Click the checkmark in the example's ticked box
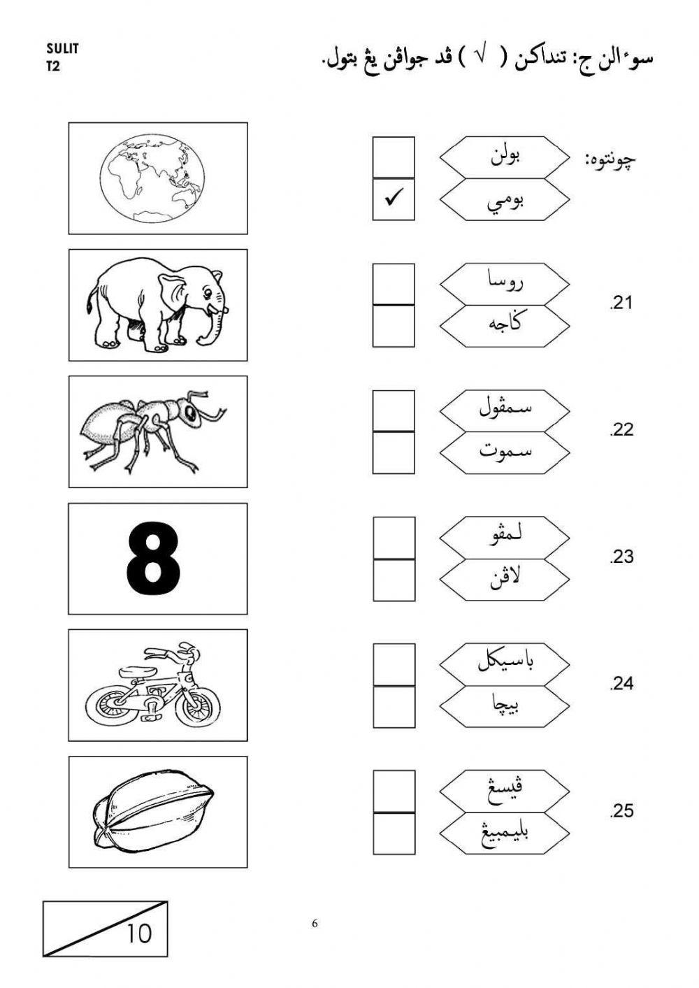(394, 200)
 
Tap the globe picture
(154, 178)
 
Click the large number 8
(154, 559)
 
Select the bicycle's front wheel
(197, 705)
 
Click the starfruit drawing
(153, 812)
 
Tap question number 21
(621, 303)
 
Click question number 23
(621, 557)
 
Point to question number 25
(621, 811)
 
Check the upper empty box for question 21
(394, 284)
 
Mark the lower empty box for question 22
(394, 453)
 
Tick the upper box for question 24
(394, 664)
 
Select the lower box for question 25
(394, 833)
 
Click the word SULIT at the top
(63, 49)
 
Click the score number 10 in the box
(138, 933)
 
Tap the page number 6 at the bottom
(315, 924)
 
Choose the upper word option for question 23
(505, 537)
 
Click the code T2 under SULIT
(53, 67)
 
